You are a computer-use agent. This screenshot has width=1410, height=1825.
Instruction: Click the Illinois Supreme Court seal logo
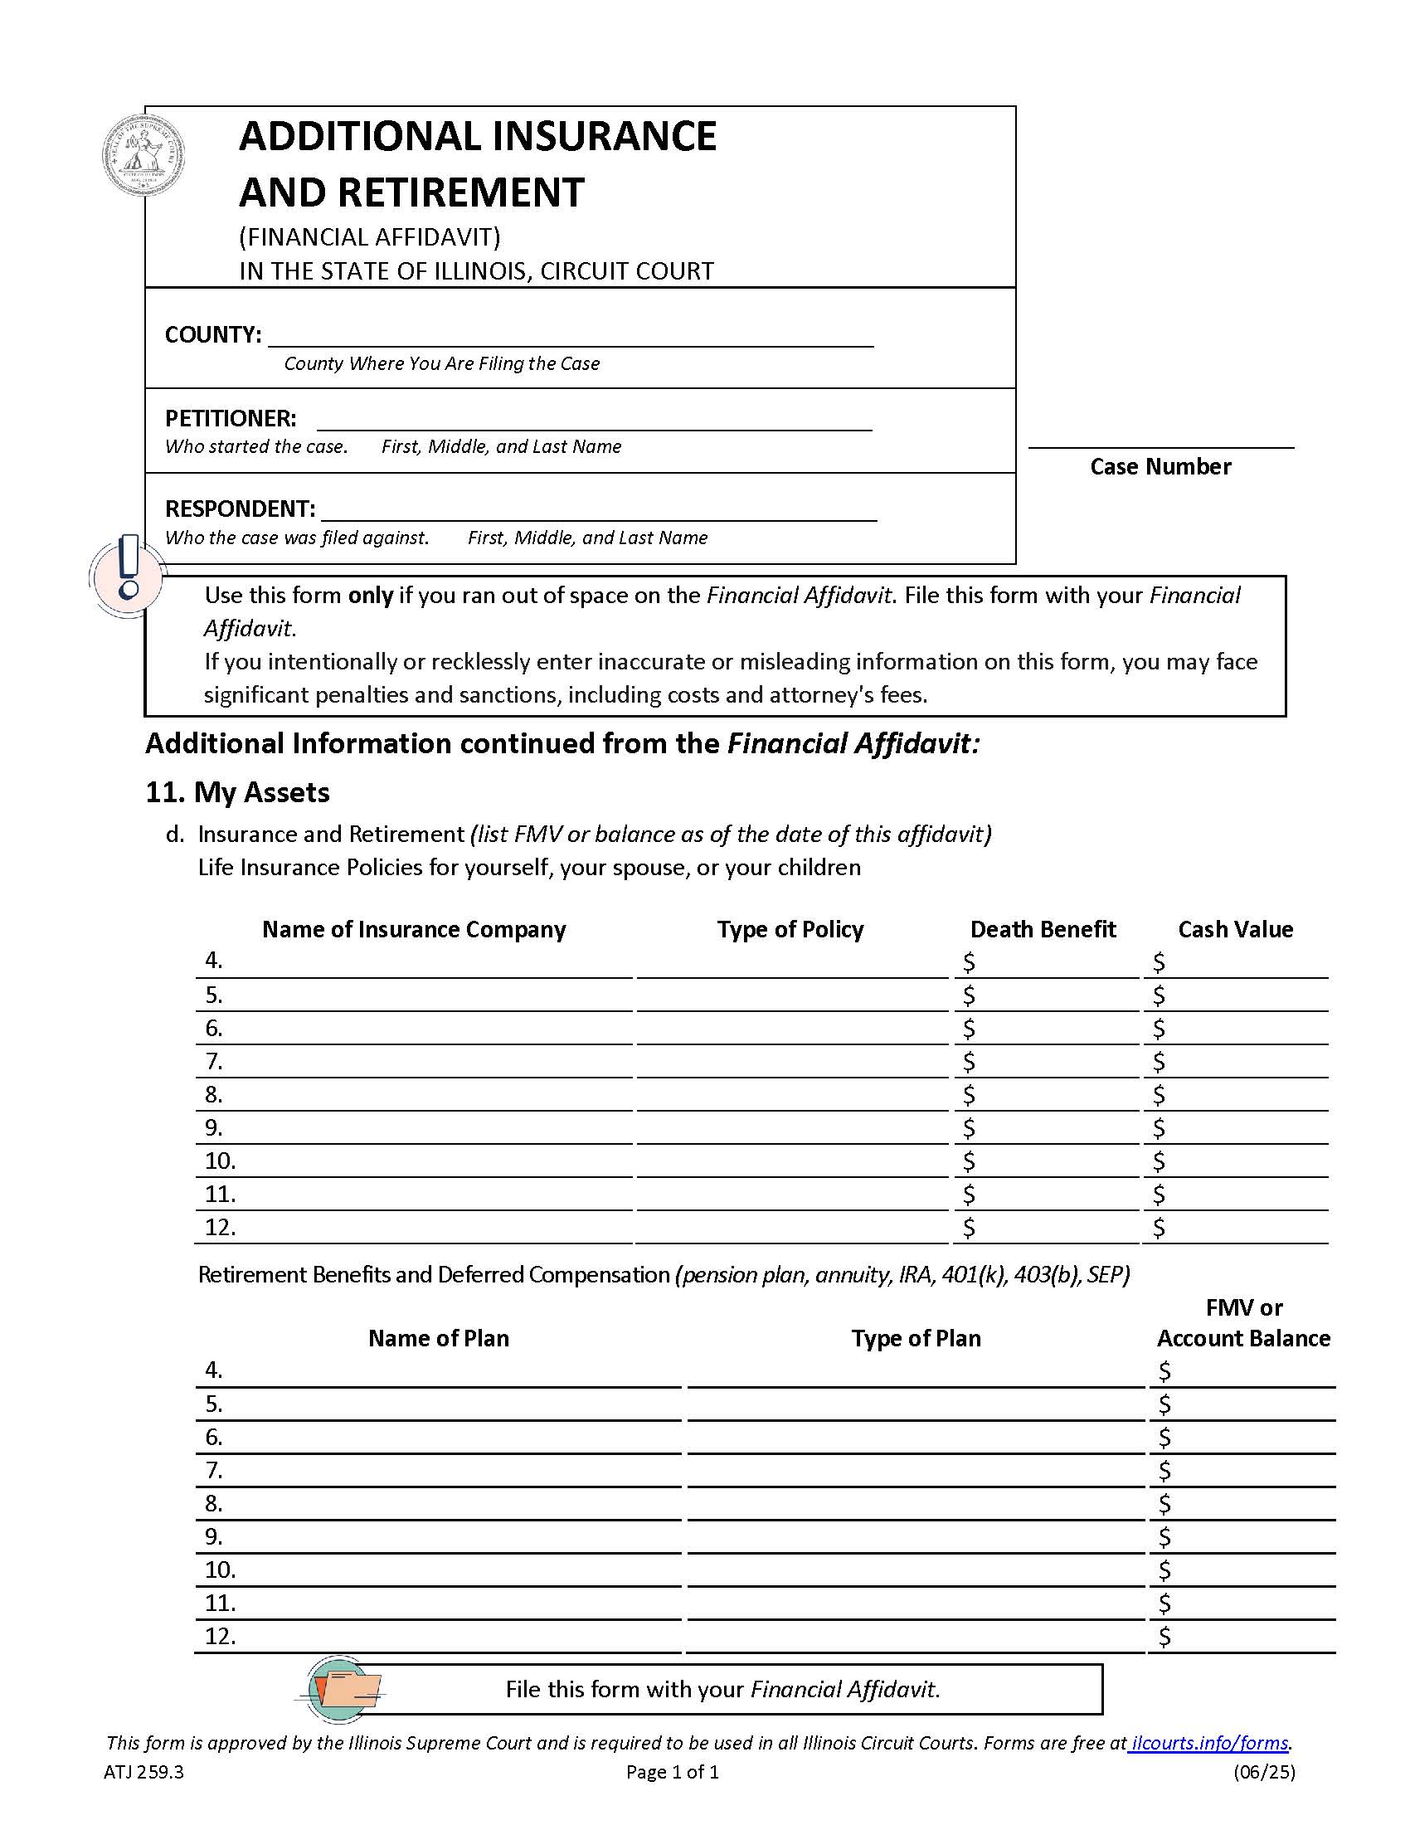coord(143,156)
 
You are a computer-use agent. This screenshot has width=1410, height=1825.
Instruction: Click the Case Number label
coord(1160,466)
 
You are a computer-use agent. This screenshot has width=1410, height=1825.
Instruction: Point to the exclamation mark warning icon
coord(128,576)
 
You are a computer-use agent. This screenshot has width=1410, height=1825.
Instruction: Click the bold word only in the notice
coord(370,596)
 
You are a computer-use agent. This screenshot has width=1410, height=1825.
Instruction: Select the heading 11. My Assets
coord(237,791)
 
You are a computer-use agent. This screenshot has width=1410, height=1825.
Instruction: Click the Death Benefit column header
coord(1043,929)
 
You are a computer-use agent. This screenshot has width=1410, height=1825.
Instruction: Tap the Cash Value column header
coord(1235,929)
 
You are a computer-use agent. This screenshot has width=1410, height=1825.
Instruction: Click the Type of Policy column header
coord(790,929)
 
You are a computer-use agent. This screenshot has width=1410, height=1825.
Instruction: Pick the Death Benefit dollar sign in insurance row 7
coord(968,1062)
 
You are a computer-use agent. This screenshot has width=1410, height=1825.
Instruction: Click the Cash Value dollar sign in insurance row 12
coord(1158,1228)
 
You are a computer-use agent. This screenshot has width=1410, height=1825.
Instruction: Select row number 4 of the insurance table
coord(214,961)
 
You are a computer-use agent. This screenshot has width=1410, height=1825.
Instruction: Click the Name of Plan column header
coord(438,1338)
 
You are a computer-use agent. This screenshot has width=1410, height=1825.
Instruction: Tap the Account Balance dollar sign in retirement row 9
coord(1164,1536)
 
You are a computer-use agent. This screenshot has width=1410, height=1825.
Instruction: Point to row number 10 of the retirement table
coord(221,1569)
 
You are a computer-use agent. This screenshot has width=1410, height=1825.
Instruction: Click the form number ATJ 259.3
coord(143,1772)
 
